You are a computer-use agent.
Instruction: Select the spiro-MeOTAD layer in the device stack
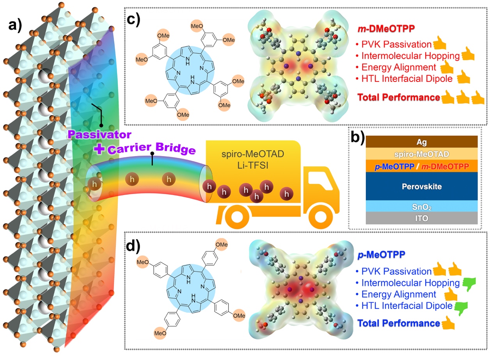[422, 154]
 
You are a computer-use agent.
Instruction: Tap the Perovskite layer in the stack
[422, 186]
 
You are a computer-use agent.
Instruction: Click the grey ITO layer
[422, 218]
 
